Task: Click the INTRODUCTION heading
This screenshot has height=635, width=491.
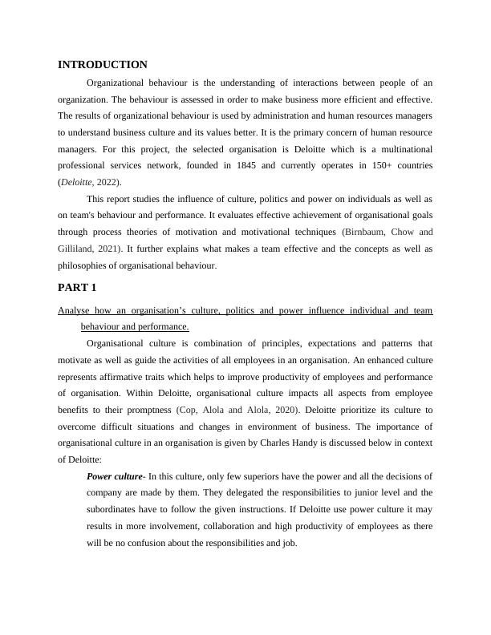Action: [103, 65]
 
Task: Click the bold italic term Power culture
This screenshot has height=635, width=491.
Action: [114, 477]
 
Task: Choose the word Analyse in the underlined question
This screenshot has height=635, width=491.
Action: [76, 309]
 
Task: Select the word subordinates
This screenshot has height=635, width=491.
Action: [116, 510]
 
